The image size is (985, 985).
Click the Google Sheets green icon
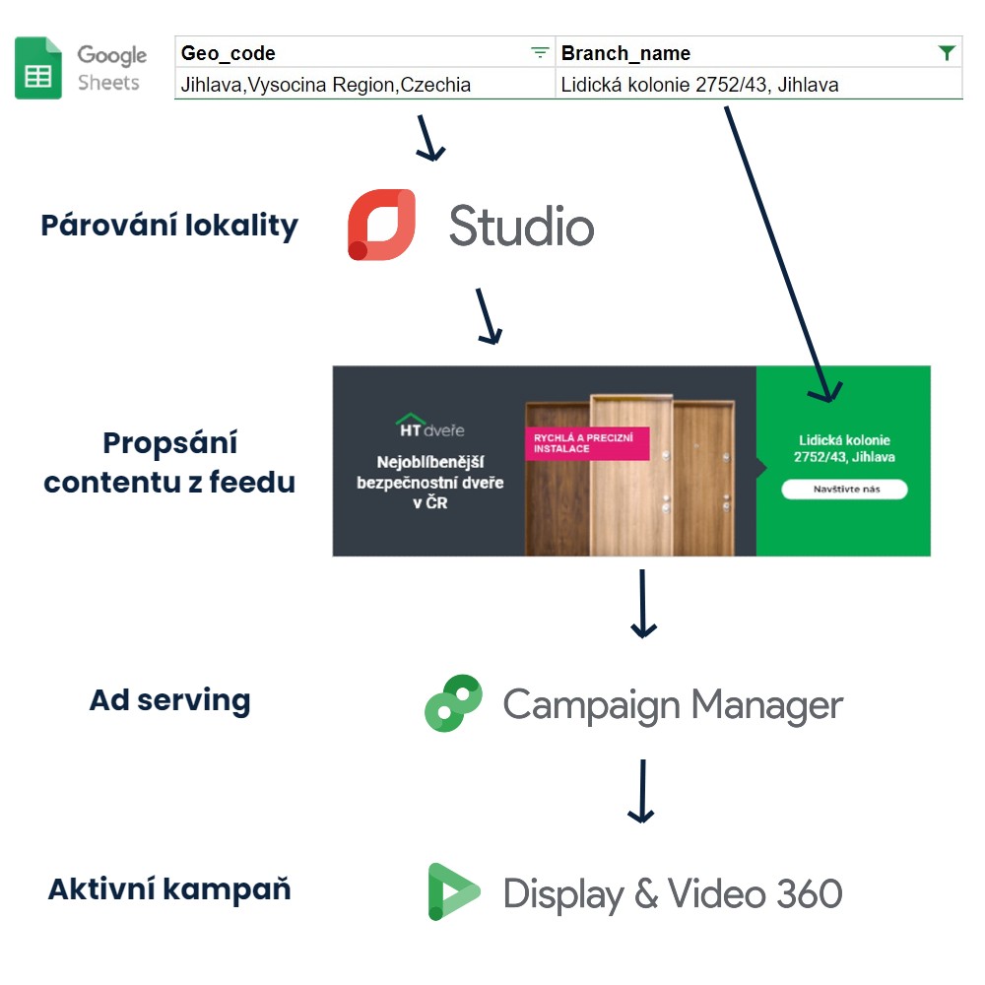(38, 68)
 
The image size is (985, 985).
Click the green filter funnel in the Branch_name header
(947, 53)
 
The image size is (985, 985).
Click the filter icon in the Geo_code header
(540, 53)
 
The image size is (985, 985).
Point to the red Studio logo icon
(381, 225)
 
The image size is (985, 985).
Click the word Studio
(521, 227)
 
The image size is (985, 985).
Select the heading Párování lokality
(169, 226)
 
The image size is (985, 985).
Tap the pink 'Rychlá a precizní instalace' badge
(587, 443)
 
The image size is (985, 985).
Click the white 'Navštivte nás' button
(844, 490)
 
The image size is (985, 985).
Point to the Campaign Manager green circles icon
(453, 703)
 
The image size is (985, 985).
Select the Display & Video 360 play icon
(453, 892)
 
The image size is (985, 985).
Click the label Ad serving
(170, 700)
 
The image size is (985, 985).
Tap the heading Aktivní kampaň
(169, 889)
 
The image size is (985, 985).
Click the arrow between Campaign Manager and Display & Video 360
(642, 791)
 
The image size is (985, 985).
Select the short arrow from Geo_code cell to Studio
(429, 138)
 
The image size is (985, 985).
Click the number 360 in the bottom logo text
(810, 893)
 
